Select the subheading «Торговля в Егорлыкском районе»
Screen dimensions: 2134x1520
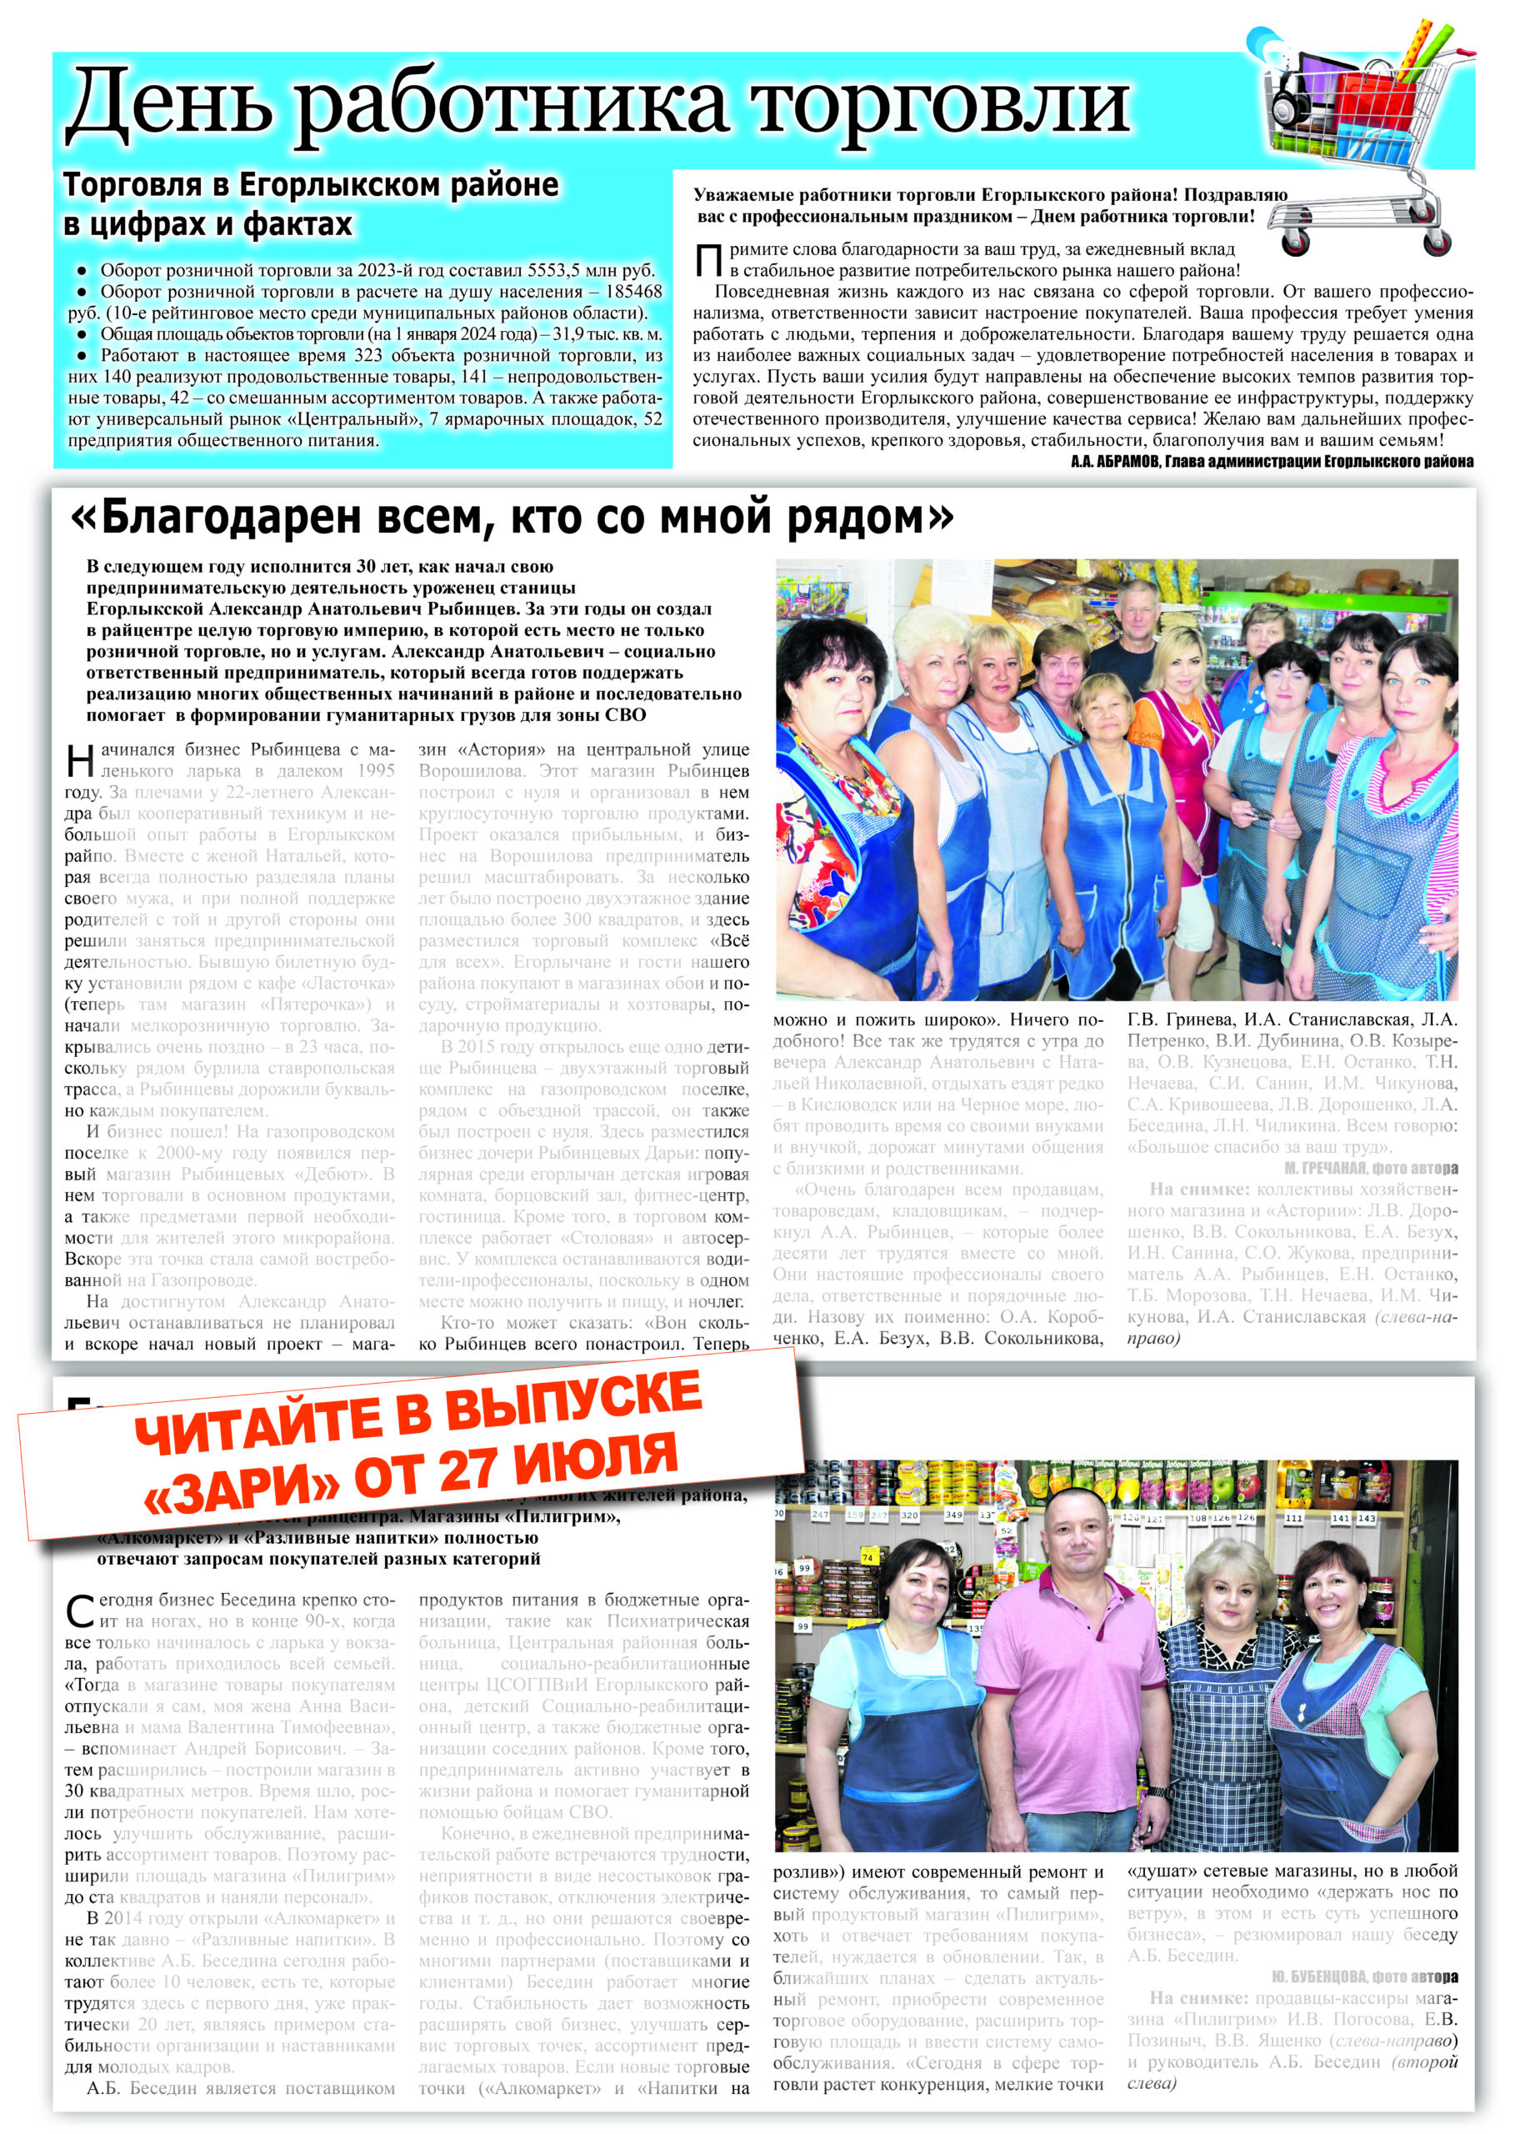[x=310, y=185]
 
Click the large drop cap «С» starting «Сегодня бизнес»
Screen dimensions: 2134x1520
[x=81, y=1611]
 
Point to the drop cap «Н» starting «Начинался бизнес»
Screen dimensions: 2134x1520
[x=81, y=761]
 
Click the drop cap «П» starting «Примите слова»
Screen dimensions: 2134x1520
[x=708, y=260]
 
